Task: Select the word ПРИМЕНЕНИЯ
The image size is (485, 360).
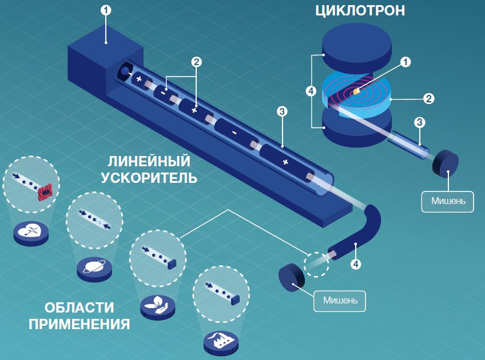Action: pyautogui.click(x=79, y=325)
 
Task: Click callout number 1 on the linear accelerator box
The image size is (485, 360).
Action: pyautogui.click(x=106, y=10)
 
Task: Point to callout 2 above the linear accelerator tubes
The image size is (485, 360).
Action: pyautogui.click(x=196, y=62)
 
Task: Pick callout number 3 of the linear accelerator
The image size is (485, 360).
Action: pyautogui.click(x=281, y=111)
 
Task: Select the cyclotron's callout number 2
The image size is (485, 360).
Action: pyautogui.click(x=428, y=98)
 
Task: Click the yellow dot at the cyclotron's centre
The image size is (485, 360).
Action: pyautogui.click(x=356, y=91)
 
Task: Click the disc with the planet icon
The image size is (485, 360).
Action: pyautogui.click(x=94, y=267)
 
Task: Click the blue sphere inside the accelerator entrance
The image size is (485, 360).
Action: pyautogui.click(x=124, y=71)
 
